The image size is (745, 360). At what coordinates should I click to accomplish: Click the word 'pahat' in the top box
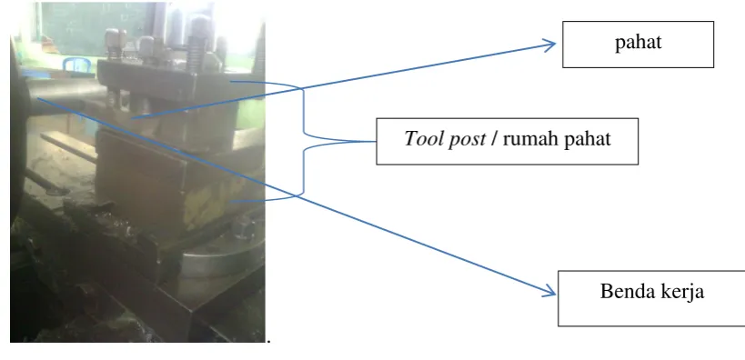point(638,43)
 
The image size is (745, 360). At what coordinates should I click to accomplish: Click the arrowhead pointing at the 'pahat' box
point(550,45)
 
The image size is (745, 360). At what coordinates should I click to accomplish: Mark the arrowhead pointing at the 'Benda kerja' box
point(549,291)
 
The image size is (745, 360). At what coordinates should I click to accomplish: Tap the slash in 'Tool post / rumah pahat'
point(494,139)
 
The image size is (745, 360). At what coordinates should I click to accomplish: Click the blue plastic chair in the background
point(76,65)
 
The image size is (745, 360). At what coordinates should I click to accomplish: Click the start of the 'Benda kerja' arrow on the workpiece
point(37,98)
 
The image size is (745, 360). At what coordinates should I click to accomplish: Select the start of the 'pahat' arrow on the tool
point(132,117)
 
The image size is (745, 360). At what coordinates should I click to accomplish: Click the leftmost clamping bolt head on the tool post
point(112,38)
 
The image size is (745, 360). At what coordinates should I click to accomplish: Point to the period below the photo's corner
point(269,341)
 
